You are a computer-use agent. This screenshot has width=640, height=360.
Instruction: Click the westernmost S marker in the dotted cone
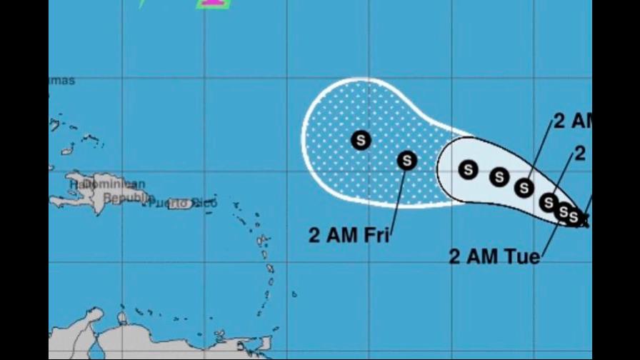tap(361, 140)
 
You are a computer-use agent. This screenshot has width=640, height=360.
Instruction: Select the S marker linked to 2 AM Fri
tap(407, 161)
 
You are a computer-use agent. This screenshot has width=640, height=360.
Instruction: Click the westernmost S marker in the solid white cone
tap(468, 170)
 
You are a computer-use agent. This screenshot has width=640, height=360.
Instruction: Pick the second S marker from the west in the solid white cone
tap(499, 176)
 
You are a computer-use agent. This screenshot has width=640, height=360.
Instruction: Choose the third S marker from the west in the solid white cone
tap(525, 187)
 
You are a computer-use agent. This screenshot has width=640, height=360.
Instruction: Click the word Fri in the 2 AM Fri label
tap(374, 234)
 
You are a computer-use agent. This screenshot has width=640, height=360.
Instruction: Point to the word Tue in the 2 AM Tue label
tap(524, 257)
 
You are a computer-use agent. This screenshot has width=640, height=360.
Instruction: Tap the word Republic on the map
tap(129, 197)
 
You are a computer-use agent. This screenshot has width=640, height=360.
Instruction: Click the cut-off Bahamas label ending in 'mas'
tap(62, 81)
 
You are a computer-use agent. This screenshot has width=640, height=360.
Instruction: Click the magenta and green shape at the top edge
tap(212, 4)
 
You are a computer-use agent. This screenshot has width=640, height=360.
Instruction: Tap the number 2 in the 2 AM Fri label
tap(314, 235)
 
